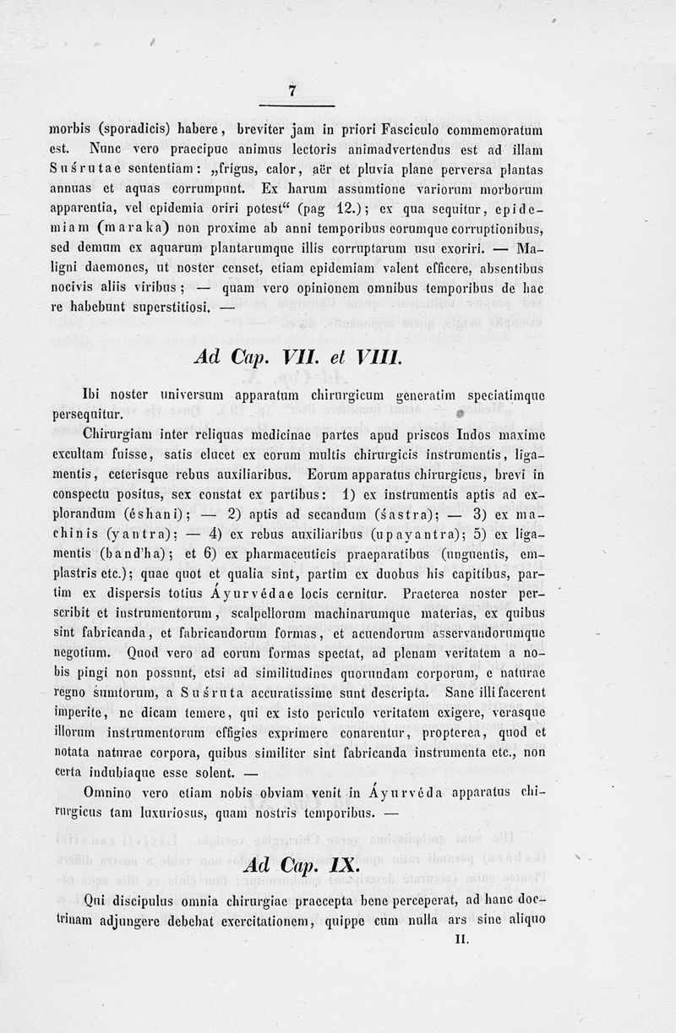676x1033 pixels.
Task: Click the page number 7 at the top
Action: [x=292, y=91]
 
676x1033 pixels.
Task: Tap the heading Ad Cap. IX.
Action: [x=301, y=866]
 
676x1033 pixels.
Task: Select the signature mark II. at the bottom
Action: [x=461, y=938]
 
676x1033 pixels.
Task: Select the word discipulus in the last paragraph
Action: [x=147, y=899]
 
